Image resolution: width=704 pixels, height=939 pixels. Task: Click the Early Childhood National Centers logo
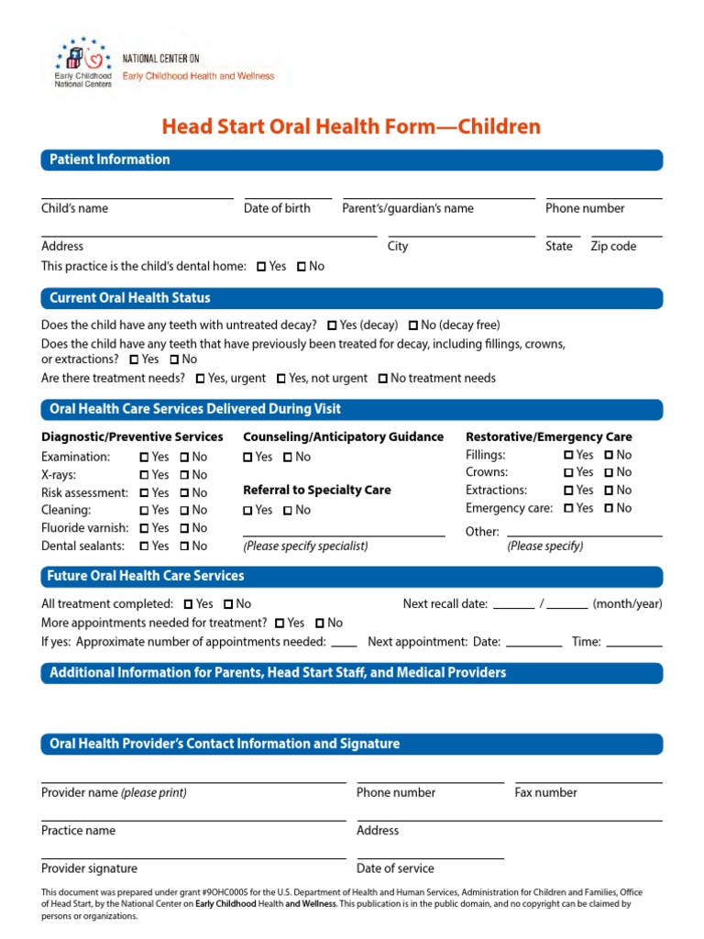coord(84,63)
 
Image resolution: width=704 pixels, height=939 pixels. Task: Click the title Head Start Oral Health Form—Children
coord(351,127)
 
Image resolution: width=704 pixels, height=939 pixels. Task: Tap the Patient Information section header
coord(110,160)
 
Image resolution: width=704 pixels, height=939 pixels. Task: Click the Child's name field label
coord(74,208)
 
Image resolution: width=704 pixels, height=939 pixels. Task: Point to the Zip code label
coord(613,246)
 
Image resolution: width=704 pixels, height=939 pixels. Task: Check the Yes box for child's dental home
coord(261,267)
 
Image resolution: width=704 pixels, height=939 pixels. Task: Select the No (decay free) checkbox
coord(413,326)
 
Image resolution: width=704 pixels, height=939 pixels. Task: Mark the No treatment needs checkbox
coord(382,379)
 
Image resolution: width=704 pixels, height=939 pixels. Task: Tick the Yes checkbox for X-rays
coord(144,475)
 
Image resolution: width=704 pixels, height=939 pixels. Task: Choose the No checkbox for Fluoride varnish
coord(184,528)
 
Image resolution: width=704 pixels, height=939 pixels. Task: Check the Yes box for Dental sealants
coord(144,547)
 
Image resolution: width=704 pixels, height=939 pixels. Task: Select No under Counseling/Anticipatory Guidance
coord(288,458)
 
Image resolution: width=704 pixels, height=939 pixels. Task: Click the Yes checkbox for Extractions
coord(568,491)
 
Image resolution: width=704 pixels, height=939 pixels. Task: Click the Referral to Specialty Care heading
coord(316,491)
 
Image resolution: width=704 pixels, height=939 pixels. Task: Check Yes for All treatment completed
coord(188,604)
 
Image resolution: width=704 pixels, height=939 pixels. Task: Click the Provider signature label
coord(89,868)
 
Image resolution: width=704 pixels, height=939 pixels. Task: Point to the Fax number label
coord(545,792)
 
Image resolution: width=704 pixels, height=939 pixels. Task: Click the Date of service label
coord(395,868)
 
